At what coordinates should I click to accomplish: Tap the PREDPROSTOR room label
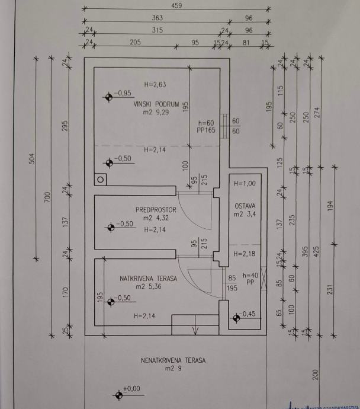point(156,209)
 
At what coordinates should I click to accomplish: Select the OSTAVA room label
point(244,205)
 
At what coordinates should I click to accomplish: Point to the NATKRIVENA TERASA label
point(140,277)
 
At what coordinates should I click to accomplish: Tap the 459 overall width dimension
point(176,6)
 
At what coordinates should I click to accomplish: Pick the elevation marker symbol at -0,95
point(110,96)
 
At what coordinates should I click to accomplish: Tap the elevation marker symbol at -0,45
point(237,318)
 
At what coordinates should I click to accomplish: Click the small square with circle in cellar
point(101,179)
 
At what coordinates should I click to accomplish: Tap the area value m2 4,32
point(156,218)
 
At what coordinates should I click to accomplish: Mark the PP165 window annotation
point(205,129)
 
